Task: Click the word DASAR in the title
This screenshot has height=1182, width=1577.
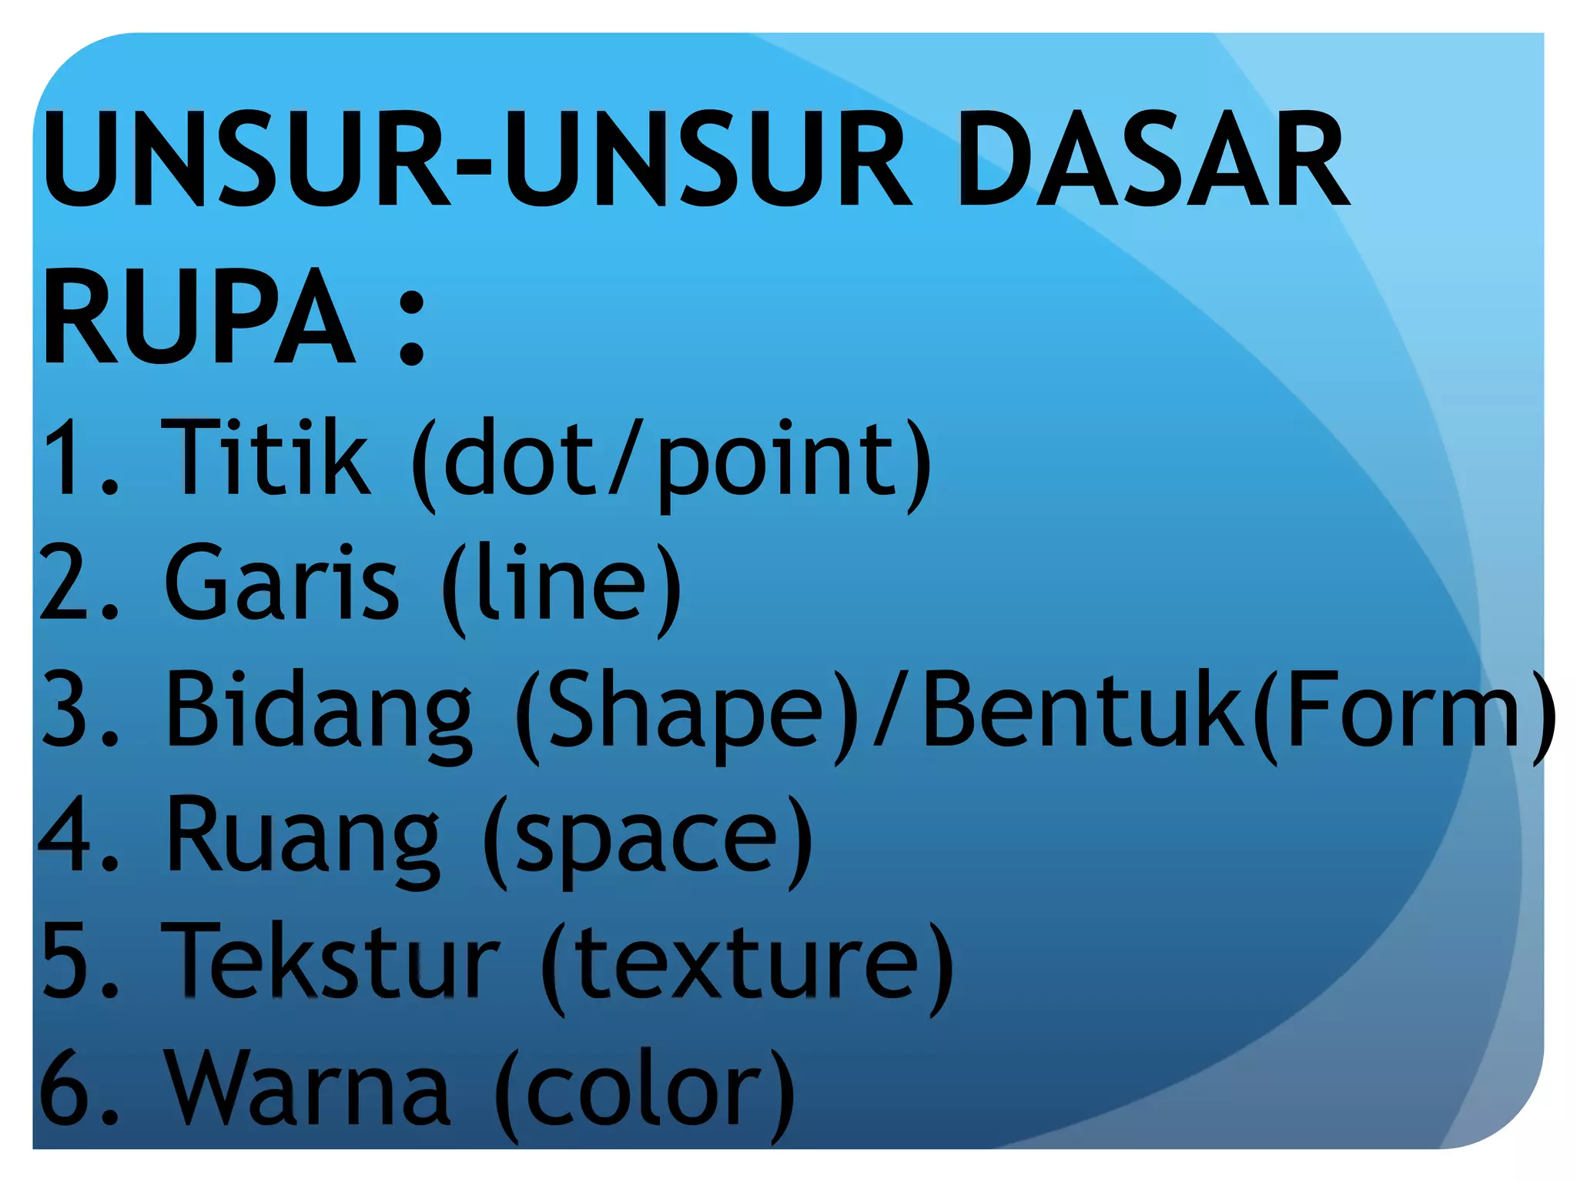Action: click(1153, 159)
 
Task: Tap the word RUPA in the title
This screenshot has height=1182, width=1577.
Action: click(199, 317)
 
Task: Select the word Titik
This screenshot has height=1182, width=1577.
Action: click(265, 457)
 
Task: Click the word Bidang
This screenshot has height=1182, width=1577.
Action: click(319, 710)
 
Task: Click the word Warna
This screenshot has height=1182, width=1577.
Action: click(309, 1088)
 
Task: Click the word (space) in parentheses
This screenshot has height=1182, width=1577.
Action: click(648, 839)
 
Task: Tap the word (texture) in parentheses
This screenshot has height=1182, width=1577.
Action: click(748, 965)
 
